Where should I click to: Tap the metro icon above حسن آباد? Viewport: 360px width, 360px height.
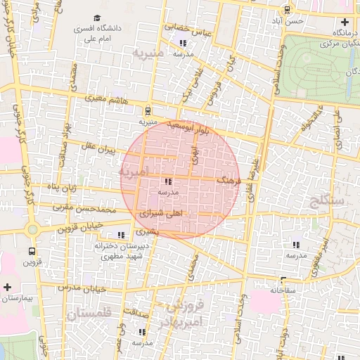(x=287, y=10)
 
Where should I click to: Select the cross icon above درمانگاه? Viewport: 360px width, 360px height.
(x=344, y=21)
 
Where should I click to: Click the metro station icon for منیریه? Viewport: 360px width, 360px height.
(x=148, y=110)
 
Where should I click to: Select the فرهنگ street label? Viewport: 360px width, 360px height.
(x=229, y=181)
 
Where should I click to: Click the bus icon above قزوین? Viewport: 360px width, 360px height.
(x=32, y=251)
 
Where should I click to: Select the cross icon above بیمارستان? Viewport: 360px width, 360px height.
(x=7, y=287)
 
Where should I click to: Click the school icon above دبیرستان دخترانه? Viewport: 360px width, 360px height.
(x=121, y=235)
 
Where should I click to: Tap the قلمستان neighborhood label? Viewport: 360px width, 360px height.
(x=91, y=316)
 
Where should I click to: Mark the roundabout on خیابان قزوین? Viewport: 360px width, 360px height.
(x=32, y=229)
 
